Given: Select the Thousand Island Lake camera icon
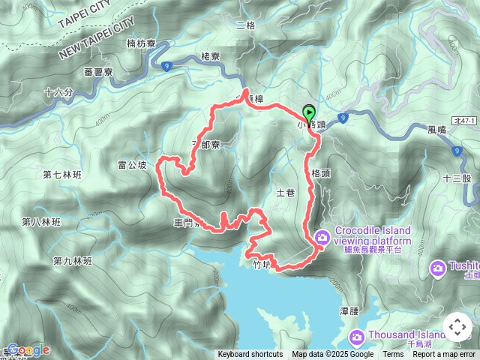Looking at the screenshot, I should [357, 335].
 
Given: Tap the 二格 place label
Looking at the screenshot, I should [246, 25].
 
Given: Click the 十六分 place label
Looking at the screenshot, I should [58, 93].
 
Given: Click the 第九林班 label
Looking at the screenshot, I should [72, 261].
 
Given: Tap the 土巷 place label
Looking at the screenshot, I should [286, 193].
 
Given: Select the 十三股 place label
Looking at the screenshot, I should [457, 178].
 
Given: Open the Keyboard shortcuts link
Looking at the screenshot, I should [250, 355].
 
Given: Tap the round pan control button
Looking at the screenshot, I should [457, 328].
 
